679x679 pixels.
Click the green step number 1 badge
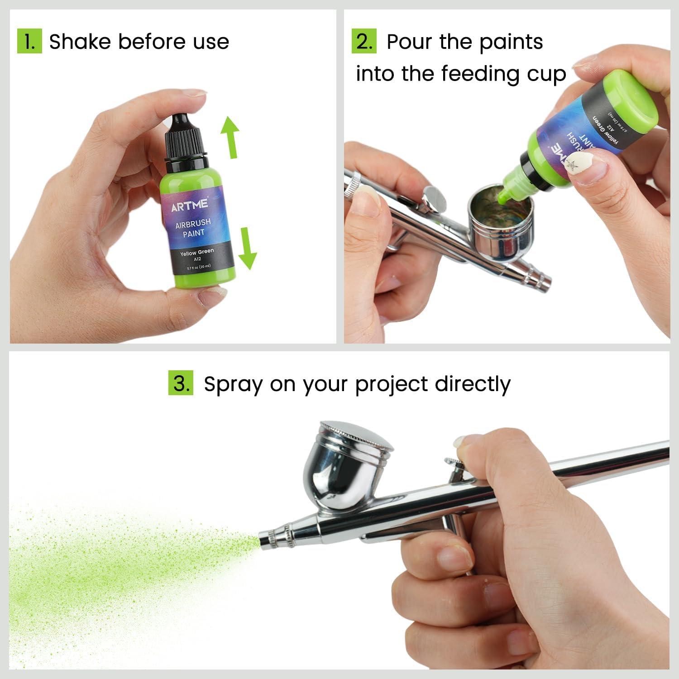point(29,41)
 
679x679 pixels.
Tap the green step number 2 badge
point(364,41)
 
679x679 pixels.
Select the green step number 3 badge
point(181,383)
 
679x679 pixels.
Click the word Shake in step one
point(80,42)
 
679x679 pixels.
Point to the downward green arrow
point(247,249)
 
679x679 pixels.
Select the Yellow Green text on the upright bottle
point(197,252)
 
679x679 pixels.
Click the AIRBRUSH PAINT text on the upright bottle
point(193,227)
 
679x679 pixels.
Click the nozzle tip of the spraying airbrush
point(265,540)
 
